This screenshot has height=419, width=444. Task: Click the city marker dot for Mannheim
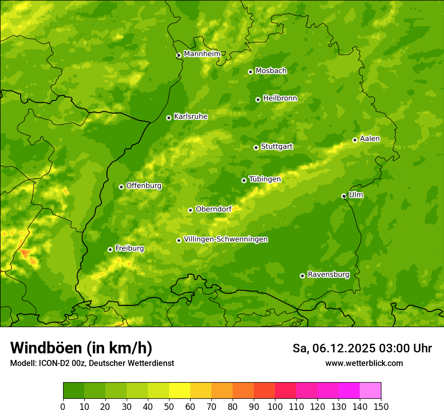(x=179, y=56)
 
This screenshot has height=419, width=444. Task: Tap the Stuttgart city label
(x=276, y=147)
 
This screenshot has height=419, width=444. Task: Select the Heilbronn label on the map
(x=280, y=98)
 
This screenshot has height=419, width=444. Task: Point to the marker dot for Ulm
(x=344, y=196)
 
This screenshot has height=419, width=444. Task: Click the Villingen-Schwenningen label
(x=226, y=239)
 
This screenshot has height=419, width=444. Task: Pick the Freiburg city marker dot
(x=110, y=249)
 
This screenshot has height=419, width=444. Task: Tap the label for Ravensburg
(x=328, y=275)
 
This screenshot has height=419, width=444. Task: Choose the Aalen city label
(x=370, y=139)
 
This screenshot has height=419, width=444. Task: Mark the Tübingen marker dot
(x=244, y=180)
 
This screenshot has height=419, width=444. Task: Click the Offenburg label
(x=144, y=186)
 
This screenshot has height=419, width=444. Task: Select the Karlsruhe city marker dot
(x=169, y=118)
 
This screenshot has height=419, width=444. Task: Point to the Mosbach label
(x=271, y=71)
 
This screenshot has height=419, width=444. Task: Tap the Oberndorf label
(x=213, y=209)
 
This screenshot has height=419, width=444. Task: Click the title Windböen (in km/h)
(x=81, y=348)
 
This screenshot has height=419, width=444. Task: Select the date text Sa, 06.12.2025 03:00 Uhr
(x=362, y=348)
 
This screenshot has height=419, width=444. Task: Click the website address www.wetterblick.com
(x=364, y=363)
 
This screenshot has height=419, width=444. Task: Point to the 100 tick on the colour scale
(x=275, y=406)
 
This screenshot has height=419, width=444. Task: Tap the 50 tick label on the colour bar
(x=169, y=406)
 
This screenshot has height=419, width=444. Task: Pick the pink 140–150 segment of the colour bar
(x=370, y=391)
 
